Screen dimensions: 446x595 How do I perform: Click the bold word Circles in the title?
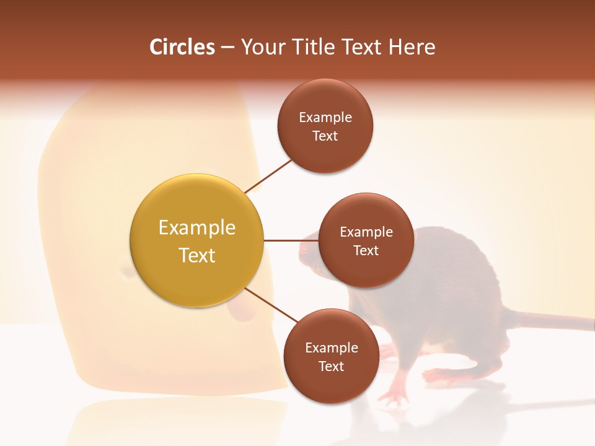182,47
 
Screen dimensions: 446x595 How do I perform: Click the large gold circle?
196,240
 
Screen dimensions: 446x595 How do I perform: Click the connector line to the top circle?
268,176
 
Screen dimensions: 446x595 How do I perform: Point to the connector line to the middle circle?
291,240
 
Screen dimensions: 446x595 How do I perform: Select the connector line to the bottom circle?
271,305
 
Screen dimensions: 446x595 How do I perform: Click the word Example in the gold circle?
197,228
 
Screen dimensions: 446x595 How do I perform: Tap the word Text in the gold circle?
197,255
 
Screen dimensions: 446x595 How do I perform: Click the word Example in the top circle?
325,118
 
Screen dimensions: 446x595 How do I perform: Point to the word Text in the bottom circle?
331,367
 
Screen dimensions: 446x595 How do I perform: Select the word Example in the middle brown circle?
366,232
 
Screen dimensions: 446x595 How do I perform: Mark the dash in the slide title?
227,47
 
